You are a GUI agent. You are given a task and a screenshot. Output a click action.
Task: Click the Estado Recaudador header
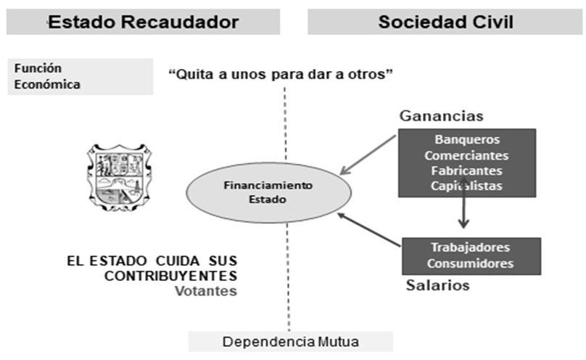tap(142, 22)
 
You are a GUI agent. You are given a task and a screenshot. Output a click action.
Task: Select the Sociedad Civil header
tap(445, 22)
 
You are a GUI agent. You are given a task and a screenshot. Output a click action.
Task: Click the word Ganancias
tap(441, 116)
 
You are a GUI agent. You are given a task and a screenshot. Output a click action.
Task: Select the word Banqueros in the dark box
tap(467, 139)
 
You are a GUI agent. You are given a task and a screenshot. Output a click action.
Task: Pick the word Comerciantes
tap(467, 155)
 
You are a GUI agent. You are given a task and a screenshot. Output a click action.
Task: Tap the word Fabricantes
tap(467, 171)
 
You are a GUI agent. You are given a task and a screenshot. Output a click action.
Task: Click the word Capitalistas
tap(467, 186)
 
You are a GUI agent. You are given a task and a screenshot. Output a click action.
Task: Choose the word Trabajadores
tap(470, 247)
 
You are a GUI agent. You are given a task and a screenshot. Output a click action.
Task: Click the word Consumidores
tap(470, 263)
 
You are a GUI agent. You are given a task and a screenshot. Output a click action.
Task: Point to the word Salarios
tap(437, 285)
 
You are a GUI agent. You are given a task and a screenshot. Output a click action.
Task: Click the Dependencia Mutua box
tap(290, 341)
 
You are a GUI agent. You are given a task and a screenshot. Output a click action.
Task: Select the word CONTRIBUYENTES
tap(171, 276)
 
